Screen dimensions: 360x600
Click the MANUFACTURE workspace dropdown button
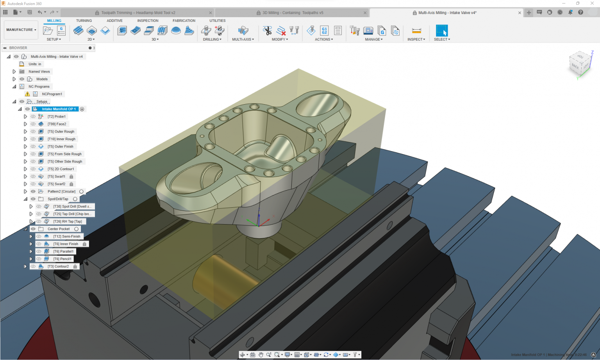point(21,30)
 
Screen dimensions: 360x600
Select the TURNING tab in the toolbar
point(84,21)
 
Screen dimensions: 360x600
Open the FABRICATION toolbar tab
point(184,21)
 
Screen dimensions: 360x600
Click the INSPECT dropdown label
point(416,39)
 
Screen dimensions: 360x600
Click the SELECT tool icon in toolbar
point(442,30)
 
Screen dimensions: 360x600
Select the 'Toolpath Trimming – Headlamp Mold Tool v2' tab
point(138,13)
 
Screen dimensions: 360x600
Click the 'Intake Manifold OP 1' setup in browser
point(59,109)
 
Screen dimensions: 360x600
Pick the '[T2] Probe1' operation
point(57,117)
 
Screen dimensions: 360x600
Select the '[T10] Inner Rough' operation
point(61,139)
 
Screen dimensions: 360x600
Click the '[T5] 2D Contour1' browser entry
point(61,169)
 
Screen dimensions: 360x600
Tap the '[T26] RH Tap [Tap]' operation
point(68,221)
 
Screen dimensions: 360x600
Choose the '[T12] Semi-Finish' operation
point(66,237)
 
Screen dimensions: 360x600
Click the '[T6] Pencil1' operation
point(62,259)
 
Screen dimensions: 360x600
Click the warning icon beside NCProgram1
point(27,94)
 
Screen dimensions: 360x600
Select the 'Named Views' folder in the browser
point(39,71)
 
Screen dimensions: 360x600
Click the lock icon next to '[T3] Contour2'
point(75,267)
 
